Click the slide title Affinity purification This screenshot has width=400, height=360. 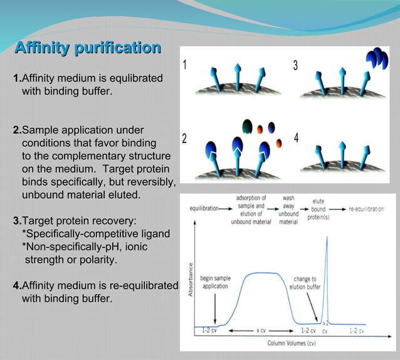pyautogui.click(x=87, y=48)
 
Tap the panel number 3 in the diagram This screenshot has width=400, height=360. pyautogui.click(x=295, y=65)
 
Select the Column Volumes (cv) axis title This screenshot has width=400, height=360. pyautogui.click(x=292, y=343)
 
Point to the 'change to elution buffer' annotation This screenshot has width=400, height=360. pyautogui.click(x=305, y=283)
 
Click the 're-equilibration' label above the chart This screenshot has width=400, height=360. pyautogui.click(x=366, y=209)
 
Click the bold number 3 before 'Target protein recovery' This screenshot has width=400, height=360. pyautogui.click(x=16, y=221)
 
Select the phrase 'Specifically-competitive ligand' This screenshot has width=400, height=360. pyautogui.click(x=98, y=234)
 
